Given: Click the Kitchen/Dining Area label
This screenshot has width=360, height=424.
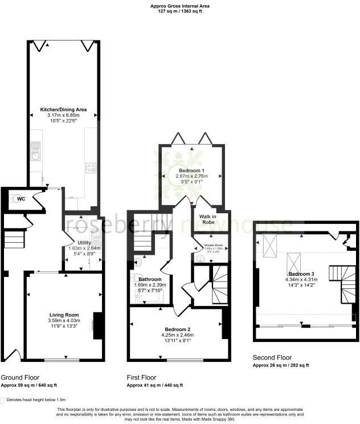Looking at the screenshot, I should pos(63,109).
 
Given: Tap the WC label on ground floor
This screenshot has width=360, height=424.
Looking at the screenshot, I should pos(21,199).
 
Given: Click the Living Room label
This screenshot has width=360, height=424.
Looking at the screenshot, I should pos(63,315).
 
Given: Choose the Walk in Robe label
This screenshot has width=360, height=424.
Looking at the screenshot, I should pos(211,219).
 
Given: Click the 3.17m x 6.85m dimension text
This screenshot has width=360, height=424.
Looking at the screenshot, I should pos(63,115).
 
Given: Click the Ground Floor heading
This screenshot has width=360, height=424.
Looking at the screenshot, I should pos(20,378).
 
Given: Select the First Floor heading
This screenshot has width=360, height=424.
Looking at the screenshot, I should pos(141,378).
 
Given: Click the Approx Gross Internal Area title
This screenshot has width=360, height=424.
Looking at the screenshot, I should pos(179,5).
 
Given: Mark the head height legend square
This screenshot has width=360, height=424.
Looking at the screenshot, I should pos(3,399).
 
